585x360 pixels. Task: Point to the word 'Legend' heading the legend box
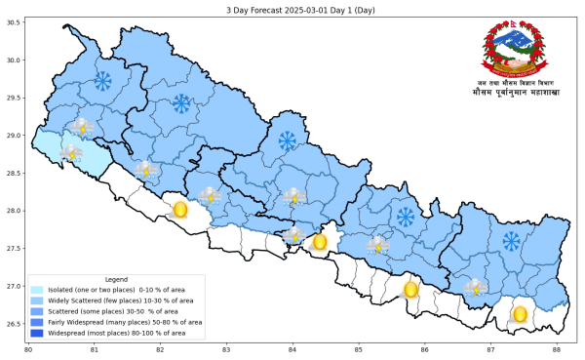pyautogui.click(x=116, y=279)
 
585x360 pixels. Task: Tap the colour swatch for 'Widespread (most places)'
pyautogui.click(x=37, y=333)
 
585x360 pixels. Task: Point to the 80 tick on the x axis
pyautogui.click(x=28, y=349)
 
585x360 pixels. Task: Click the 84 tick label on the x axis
pyautogui.click(x=292, y=349)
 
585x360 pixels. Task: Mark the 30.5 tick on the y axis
pyautogui.click(x=14, y=21)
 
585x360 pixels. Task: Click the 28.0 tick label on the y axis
pyautogui.click(x=14, y=210)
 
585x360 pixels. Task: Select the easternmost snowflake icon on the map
pyautogui.click(x=511, y=240)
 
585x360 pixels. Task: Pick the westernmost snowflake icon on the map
pyautogui.click(x=101, y=80)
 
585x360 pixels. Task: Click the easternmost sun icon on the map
pyautogui.click(x=520, y=313)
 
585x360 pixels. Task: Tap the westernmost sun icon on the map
pyautogui.click(x=179, y=209)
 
